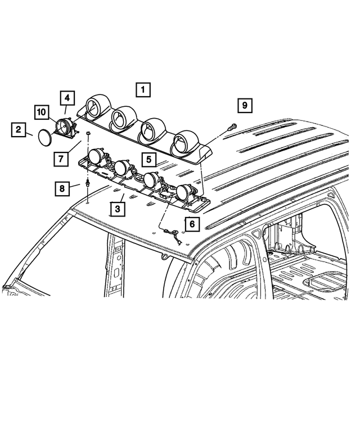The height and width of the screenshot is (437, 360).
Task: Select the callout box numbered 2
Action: click(19, 131)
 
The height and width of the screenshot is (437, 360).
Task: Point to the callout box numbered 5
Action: click(148, 160)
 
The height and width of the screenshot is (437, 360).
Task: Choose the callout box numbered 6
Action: click(192, 224)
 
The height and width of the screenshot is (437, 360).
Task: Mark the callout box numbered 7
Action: click(60, 159)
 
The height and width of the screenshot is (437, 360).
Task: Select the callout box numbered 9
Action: click(245, 105)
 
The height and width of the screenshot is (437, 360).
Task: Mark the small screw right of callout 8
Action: click(88, 184)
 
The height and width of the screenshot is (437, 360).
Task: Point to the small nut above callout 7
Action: click(88, 133)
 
